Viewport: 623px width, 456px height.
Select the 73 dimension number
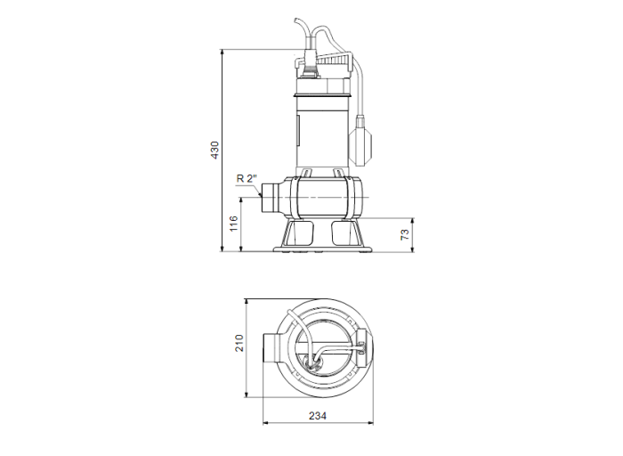pyautogui.click(x=404, y=234)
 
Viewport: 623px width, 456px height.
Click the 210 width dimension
pyautogui.click(x=239, y=344)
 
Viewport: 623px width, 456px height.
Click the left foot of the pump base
pyautogui.click(x=301, y=235)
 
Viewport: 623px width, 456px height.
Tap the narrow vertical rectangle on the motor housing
pyautogui.click(x=300, y=131)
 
